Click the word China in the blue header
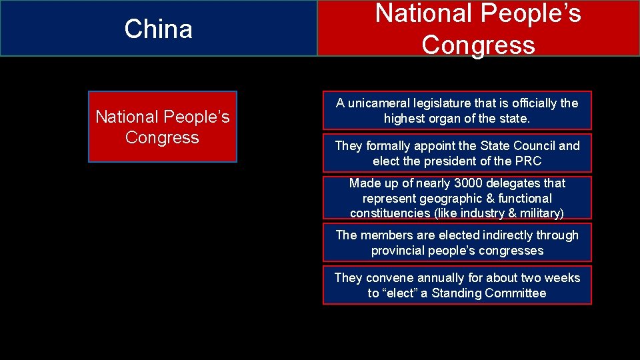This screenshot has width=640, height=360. coord(158,29)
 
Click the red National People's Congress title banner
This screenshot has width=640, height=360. coord(478,28)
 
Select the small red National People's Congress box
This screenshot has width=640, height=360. coord(162,127)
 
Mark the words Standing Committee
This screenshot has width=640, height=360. coord(489,293)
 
